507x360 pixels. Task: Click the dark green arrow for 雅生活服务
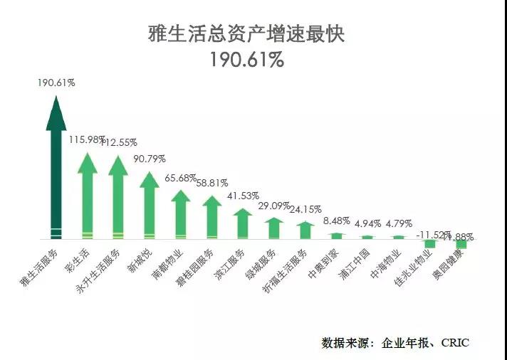click(x=56, y=171)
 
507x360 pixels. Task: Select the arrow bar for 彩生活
click(x=88, y=199)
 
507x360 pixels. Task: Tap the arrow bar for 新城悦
click(x=150, y=206)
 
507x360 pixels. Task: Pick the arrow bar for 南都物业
click(x=181, y=215)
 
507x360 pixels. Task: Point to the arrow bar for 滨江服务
click(x=243, y=224)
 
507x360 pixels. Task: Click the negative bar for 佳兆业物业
click(x=429, y=243)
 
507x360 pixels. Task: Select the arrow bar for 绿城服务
click(x=274, y=228)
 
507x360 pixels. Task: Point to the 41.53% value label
click(x=243, y=196)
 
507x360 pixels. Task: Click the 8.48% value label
click(x=337, y=221)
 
